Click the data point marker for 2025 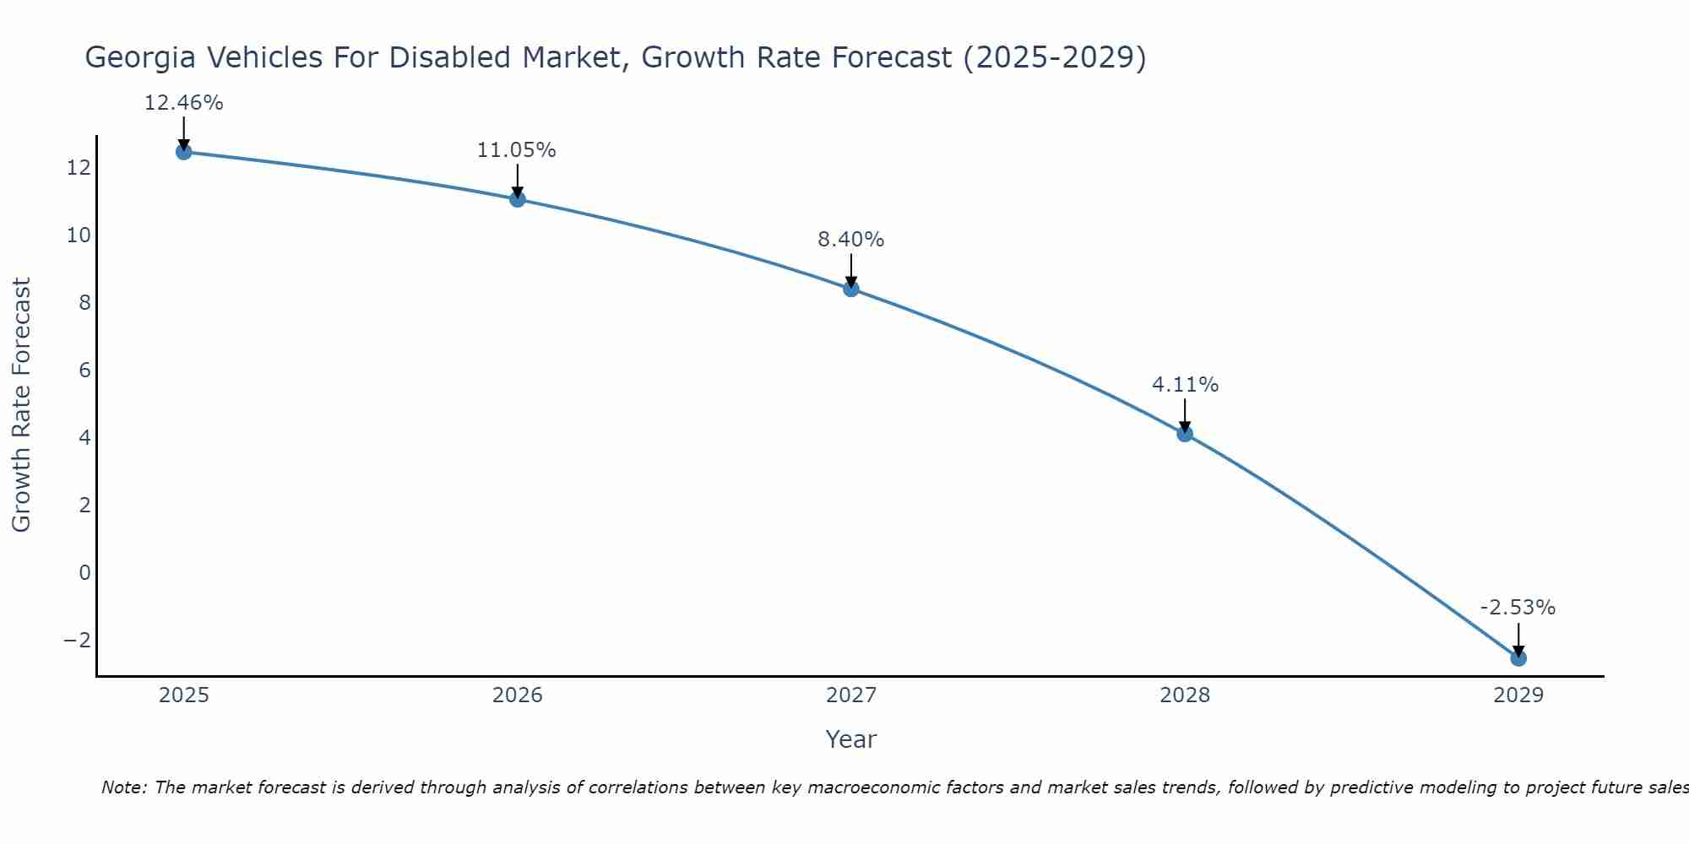[x=183, y=152]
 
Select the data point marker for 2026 [x=518, y=199]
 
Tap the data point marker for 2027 [x=851, y=289]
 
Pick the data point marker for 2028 [x=1185, y=434]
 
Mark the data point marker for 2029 [x=1518, y=657]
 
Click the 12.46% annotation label [x=183, y=103]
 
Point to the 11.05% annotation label [x=517, y=150]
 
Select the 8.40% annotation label [x=851, y=240]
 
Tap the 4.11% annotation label [x=1185, y=385]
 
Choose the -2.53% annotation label [x=1518, y=608]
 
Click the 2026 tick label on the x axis [x=518, y=695]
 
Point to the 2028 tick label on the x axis [x=1185, y=695]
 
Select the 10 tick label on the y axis [x=79, y=235]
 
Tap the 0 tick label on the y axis [x=84, y=572]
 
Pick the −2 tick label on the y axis [x=77, y=640]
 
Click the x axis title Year [x=851, y=739]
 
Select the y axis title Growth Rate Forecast [x=21, y=405]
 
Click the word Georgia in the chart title [x=141, y=57]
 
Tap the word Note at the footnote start [x=123, y=787]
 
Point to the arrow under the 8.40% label [x=851, y=270]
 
